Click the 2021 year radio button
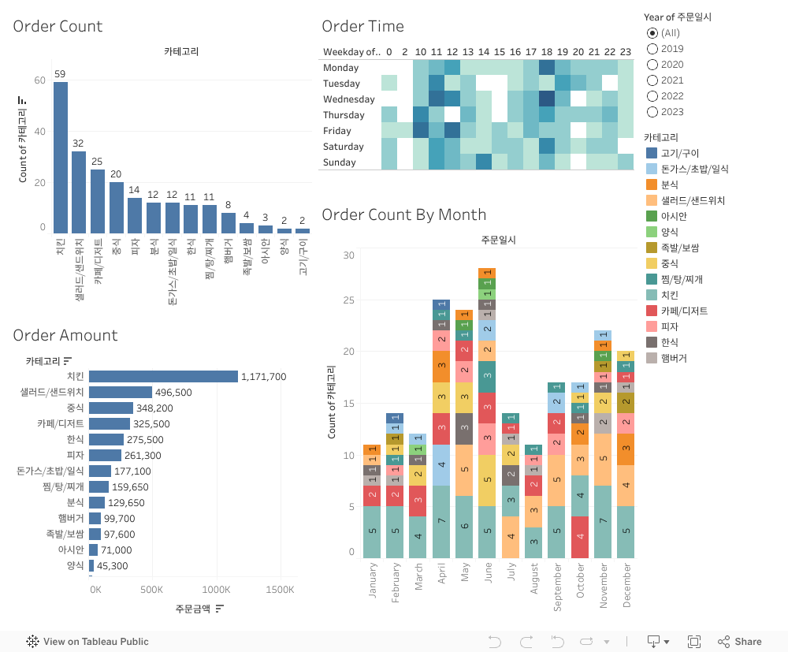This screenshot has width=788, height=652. point(652,80)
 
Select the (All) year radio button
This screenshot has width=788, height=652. point(652,33)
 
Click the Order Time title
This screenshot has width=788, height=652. point(362,26)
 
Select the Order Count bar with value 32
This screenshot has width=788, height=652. point(79,192)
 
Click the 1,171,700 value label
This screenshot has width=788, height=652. point(263,377)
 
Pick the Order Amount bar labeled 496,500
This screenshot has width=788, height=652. point(121,392)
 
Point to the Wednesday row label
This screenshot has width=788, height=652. point(348,99)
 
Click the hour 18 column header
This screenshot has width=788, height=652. point(547,52)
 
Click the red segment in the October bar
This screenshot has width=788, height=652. point(580,537)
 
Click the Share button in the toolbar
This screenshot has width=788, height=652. point(740,642)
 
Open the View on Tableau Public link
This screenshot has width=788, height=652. point(87,642)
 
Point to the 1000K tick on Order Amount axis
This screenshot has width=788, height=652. point(216,590)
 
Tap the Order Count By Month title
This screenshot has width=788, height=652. point(403,214)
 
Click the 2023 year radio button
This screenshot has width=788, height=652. point(652,112)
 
